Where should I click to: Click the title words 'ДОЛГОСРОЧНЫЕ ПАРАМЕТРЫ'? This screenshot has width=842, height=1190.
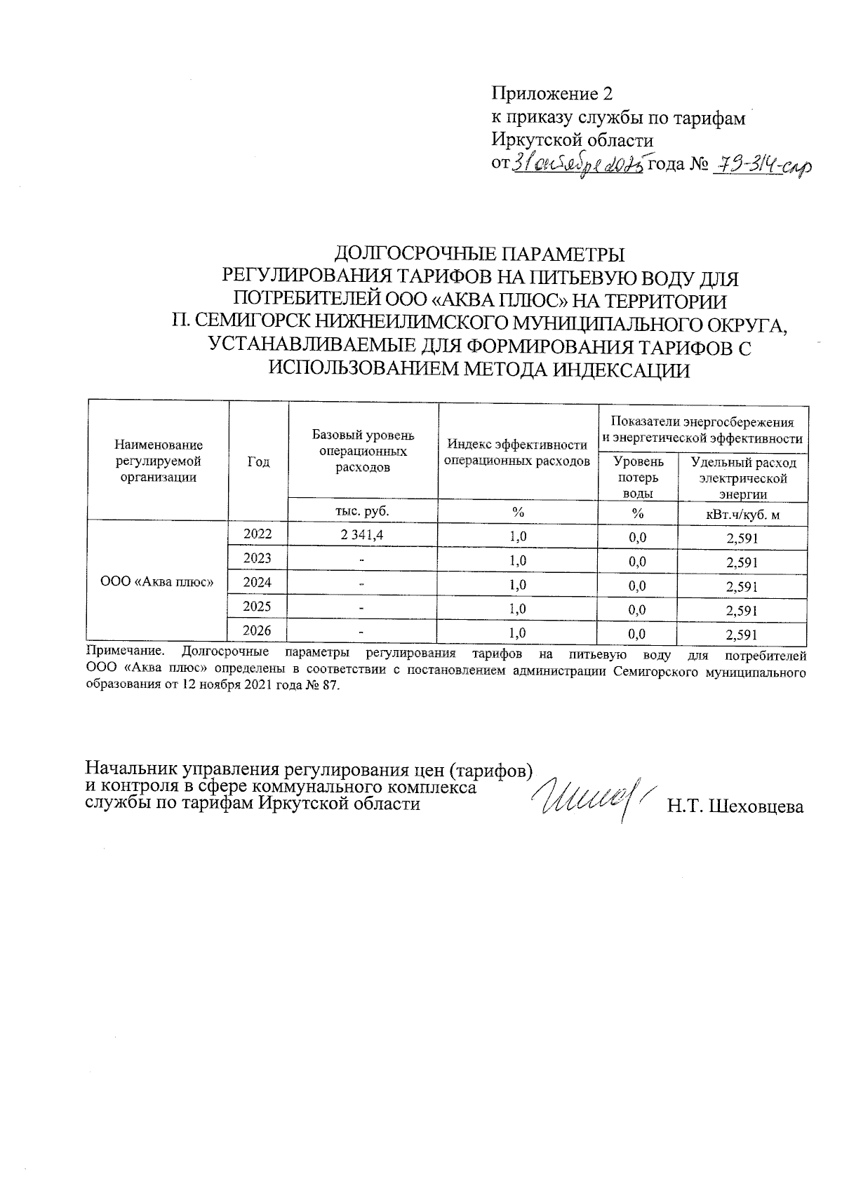[x=479, y=253]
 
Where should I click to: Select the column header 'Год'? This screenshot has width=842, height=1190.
[x=258, y=461]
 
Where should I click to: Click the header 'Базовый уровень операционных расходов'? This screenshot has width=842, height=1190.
[x=363, y=451]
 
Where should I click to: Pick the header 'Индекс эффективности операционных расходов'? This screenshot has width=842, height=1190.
[x=518, y=452]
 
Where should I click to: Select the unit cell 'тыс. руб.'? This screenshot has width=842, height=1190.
[x=363, y=511]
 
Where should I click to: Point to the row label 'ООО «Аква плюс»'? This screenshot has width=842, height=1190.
[x=157, y=583]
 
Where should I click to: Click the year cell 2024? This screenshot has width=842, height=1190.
[x=258, y=582]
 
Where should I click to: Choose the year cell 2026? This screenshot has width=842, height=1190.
[x=258, y=630]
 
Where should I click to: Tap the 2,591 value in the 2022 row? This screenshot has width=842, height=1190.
[x=742, y=539]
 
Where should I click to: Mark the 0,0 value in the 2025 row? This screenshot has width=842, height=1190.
[x=637, y=610]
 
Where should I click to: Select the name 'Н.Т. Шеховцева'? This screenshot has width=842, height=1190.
[x=735, y=806]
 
